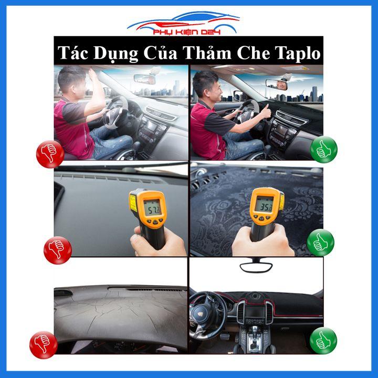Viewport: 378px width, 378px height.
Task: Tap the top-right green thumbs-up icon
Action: coord(324,149)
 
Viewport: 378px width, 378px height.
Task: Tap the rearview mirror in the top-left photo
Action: coord(145,79)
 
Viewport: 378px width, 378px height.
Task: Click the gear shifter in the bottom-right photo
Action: coord(255,336)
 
